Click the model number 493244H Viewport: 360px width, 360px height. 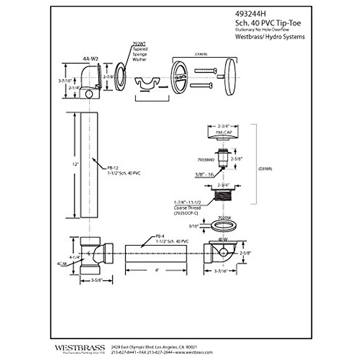pos(250,14)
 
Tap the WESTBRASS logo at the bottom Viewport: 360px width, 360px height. pos(80,348)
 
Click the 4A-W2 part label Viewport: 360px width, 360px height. pos(91,59)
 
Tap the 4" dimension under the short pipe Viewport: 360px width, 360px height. pos(157,270)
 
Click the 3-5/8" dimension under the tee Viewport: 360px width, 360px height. pos(96,280)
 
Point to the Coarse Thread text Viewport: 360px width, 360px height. pos(187,208)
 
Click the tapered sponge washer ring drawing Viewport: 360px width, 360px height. pos(120,76)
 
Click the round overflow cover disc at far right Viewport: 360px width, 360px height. pos(230,77)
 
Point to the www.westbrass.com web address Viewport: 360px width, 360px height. pos(194,352)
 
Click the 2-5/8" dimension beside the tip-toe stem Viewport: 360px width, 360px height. pos(236,159)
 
